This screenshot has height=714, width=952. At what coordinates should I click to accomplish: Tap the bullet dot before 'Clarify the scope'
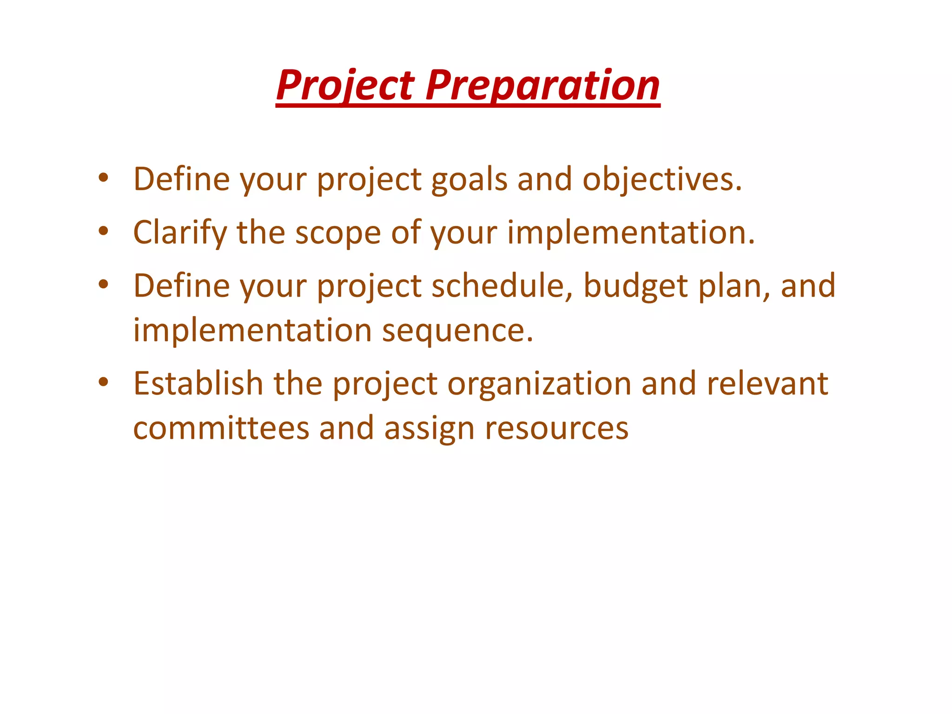(x=103, y=231)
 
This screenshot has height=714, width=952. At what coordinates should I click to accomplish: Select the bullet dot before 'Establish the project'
(x=103, y=382)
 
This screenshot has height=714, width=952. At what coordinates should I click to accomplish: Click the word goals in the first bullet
(x=469, y=180)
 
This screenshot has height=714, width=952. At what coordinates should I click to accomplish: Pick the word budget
(x=635, y=286)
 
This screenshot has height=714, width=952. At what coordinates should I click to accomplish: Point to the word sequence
(x=457, y=331)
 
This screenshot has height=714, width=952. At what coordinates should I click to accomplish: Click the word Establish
(x=198, y=383)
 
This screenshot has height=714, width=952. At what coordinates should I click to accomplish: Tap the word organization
(x=539, y=384)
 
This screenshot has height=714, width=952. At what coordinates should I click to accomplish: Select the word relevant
(x=767, y=383)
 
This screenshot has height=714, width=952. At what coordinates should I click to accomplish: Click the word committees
(x=221, y=428)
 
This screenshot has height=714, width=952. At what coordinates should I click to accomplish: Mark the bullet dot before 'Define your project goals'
(x=103, y=178)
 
